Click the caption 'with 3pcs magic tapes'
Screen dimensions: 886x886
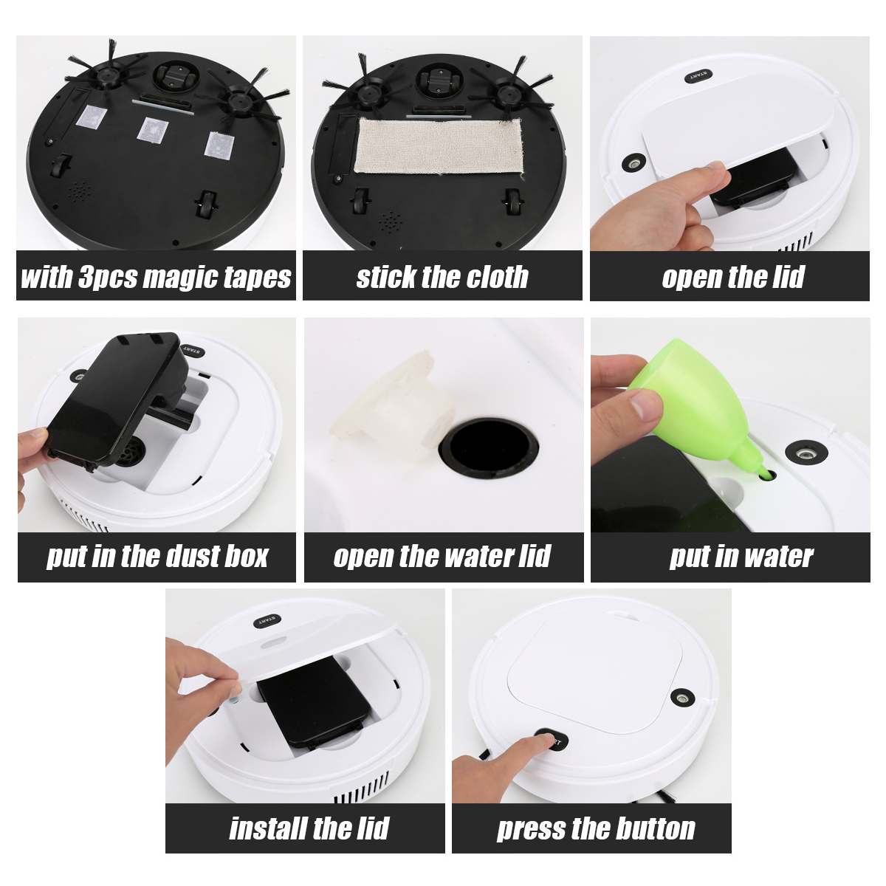(x=156, y=278)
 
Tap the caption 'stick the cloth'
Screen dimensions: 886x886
(x=442, y=278)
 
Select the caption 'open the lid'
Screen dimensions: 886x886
(x=732, y=278)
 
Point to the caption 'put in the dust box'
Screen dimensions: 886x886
(x=157, y=556)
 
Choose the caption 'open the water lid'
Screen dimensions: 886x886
(x=442, y=556)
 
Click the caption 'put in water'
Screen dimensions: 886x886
(x=741, y=556)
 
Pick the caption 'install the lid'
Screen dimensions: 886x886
(x=309, y=828)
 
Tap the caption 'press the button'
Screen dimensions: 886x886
(x=595, y=828)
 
